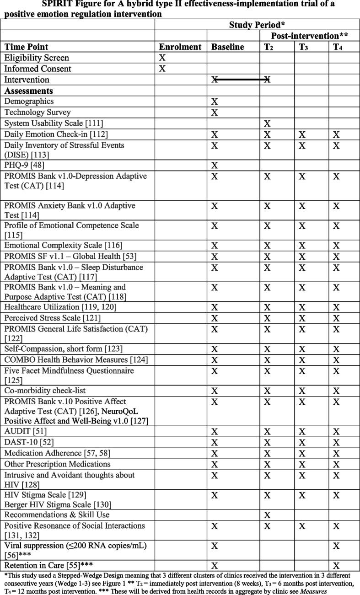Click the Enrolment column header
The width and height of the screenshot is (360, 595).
(x=180, y=47)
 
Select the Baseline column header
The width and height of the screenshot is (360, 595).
(x=228, y=47)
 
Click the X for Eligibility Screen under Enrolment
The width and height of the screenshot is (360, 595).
(x=161, y=58)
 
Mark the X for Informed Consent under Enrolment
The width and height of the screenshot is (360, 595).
(x=161, y=69)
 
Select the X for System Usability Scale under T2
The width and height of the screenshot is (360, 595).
(x=267, y=123)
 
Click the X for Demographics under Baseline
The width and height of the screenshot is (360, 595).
(x=215, y=102)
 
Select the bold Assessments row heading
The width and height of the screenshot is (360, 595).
(x=29, y=91)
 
